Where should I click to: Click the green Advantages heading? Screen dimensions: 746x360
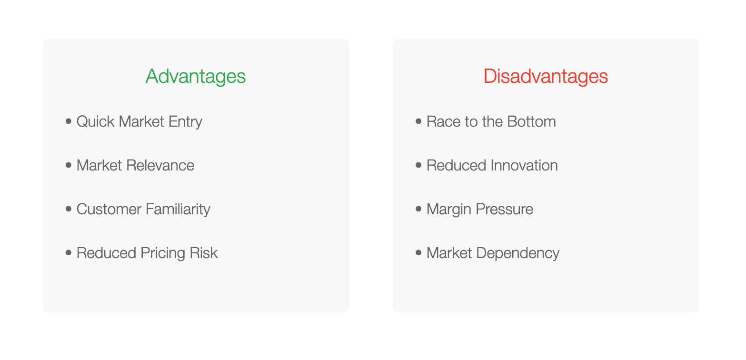pyautogui.click(x=196, y=77)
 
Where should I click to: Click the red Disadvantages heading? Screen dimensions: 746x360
pyautogui.click(x=546, y=76)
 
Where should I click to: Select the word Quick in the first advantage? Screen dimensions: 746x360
pyautogui.click(x=96, y=121)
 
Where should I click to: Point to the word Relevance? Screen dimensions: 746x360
pyautogui.click(x=160, y=166)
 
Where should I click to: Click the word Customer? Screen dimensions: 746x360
pyautogui.click(x=109, y=209)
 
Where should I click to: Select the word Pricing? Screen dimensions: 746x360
pyautogui.click(x=163, y=253)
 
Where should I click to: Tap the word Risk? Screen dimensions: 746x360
pyautogui.click(x=203, y=253)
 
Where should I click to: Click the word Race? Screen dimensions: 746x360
pyautogui.click(x=444, y=121)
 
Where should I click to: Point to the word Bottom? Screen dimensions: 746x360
pyautogui.click(x=531, y=121)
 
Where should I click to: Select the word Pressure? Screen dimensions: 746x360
pyautogui.click(x=504, y=209)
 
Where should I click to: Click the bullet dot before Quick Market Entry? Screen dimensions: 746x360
pyautogui.click(x=69, y=121)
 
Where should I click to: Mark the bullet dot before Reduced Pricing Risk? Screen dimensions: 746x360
pyautogui.click(x=69, y=253)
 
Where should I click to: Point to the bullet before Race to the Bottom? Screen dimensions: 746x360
pyautogui.click(x=418, y=121)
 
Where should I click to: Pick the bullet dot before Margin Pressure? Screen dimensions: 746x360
pyautogui.click(x=418, y=209)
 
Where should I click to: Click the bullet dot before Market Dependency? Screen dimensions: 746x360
pyautogui.click(x=418, y=253)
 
